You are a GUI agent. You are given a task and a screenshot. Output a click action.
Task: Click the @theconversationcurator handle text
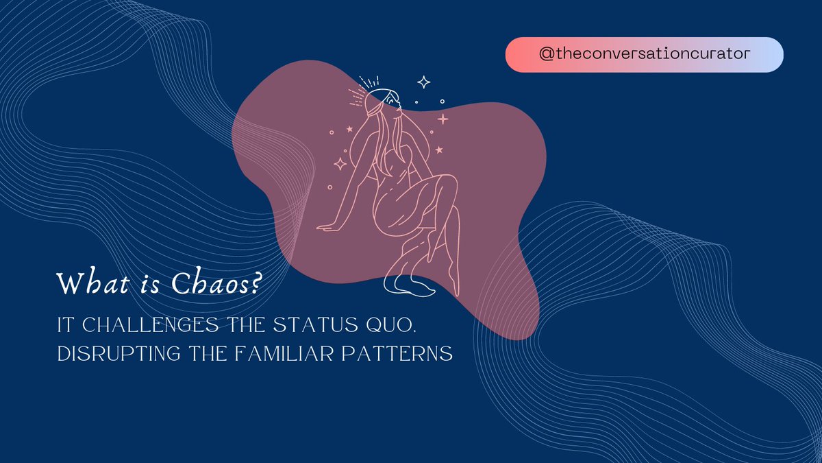click(x=644, y=55)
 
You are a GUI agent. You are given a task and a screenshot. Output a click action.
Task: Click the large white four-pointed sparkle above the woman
click(x=424, y=83)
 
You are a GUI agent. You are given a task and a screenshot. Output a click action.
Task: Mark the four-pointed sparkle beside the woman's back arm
click(x=339, y=163)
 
